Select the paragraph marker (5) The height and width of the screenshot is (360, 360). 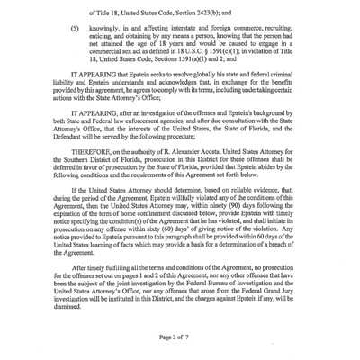[x=85, y=30]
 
